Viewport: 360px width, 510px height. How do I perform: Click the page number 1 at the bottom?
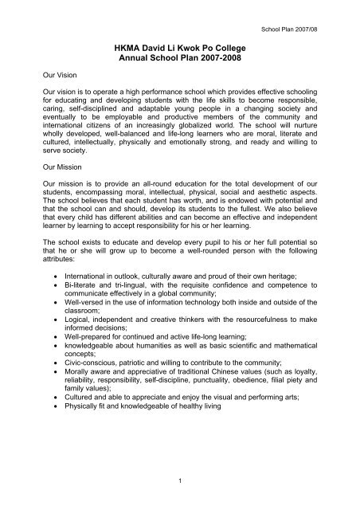click(182, 481)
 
